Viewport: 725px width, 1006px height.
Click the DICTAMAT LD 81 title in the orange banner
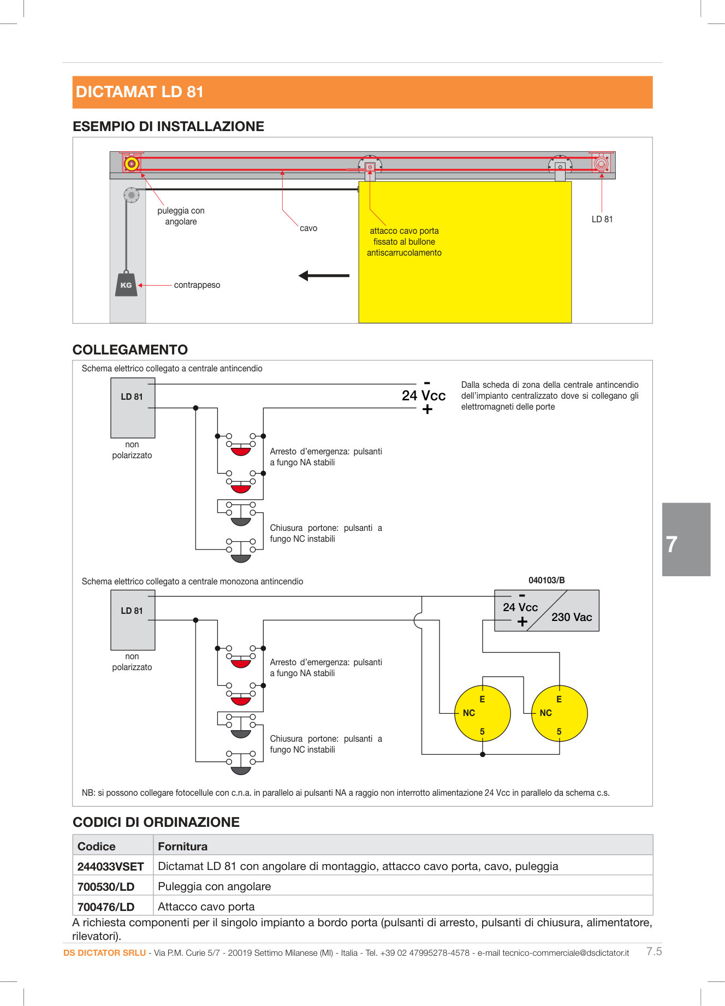coord(140,92)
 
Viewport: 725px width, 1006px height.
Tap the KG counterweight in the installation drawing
coord(126,285)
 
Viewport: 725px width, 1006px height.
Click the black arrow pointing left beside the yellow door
coord(324,276)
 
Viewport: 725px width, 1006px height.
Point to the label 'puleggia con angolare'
coord(181,216)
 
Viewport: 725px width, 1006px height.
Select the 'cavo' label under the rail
coord(308,228)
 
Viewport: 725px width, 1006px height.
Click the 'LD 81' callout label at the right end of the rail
coord(602,219)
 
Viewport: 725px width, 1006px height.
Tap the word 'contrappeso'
coord(197,285)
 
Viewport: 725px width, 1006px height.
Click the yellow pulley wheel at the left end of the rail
coord(131,163)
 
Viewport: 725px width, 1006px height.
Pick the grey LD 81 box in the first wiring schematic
coord(133,407)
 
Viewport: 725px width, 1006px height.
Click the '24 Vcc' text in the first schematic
coord(424,395)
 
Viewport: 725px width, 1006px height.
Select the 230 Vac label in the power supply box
coord(572,617)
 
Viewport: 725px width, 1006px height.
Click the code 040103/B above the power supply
coord(546,580)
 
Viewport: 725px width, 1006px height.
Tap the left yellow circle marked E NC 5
coord(483,713)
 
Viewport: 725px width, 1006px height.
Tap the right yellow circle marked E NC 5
coord(560,713)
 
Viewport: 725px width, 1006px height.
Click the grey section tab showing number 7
coord(686,540)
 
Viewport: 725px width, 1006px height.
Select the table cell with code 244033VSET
coord(111,867)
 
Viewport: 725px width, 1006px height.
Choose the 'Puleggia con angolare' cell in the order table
coord(215,886)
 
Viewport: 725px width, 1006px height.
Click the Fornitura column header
coord(183,847)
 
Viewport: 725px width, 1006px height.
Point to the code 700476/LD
coord(106,907)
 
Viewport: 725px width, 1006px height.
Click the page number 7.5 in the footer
coord(654,951)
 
